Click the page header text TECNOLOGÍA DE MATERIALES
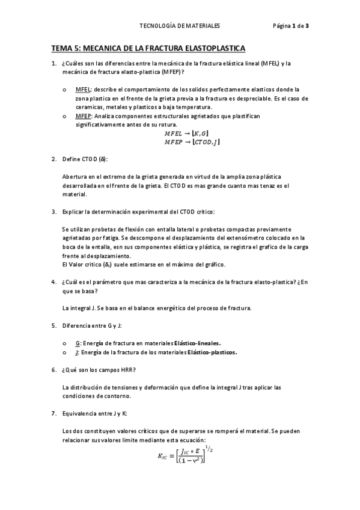coord(180,26)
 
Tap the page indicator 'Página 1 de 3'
coord(290,26)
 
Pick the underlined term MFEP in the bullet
coord(84,115)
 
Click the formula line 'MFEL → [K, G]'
coord(186,133)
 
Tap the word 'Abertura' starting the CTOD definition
coord(75,176)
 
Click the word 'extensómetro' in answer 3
coord(231,238)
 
